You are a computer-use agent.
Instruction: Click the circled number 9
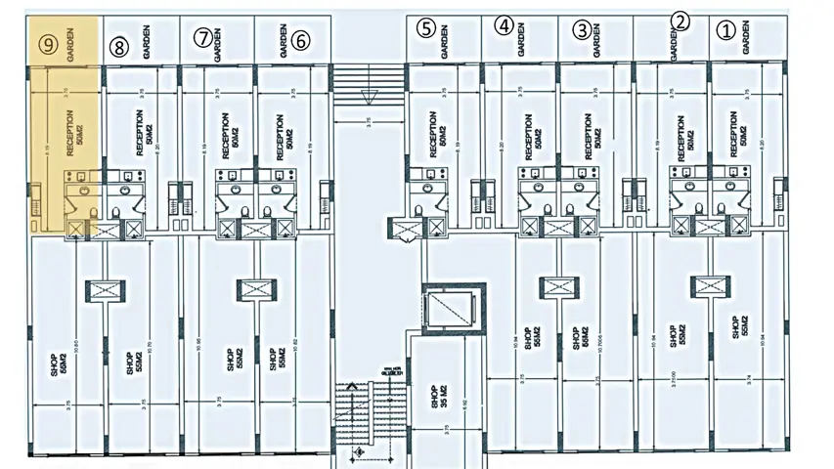(45, 43)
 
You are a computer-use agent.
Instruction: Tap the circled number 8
(119, 45)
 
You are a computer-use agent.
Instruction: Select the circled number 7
(202, 38)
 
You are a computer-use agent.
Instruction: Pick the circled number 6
(300, 40)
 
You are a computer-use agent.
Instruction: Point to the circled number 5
(424, 27)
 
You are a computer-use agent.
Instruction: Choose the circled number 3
(582, 29)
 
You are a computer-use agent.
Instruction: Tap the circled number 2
(681, 21)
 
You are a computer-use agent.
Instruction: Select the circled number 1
(724, 29)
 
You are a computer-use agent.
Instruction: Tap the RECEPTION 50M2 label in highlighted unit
(74, 135)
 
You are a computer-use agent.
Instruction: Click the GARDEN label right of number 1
(747, 39)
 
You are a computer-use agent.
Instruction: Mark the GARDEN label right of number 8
(147, 45)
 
